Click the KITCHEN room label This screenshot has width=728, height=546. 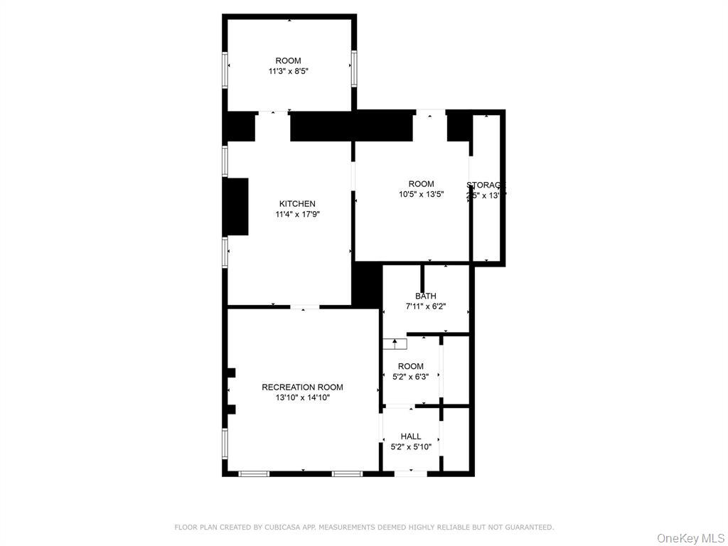[x=297, y=204]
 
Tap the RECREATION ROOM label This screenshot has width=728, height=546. [x=302, y=387]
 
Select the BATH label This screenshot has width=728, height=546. [x=426, y=296]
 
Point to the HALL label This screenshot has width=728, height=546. [x=411, y=437]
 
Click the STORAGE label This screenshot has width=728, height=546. [x=486, y=185]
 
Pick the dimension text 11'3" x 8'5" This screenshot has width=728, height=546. [x=288, y=71]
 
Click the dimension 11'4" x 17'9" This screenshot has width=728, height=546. [x=298, y=214]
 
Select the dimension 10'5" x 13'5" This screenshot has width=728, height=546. [x=421, y=194]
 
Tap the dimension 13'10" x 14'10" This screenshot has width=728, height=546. [x=303, y=398]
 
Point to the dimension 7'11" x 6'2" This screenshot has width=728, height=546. [x=426, y=306]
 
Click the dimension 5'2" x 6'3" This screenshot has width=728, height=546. [x=411, y=377]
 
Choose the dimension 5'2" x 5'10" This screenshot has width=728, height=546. [x=411, y=446]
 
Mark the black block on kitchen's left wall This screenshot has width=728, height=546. [x=236, y=206]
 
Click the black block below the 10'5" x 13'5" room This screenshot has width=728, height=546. [x=368, y=284]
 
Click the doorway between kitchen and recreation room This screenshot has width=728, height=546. [x=304, y=307]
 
